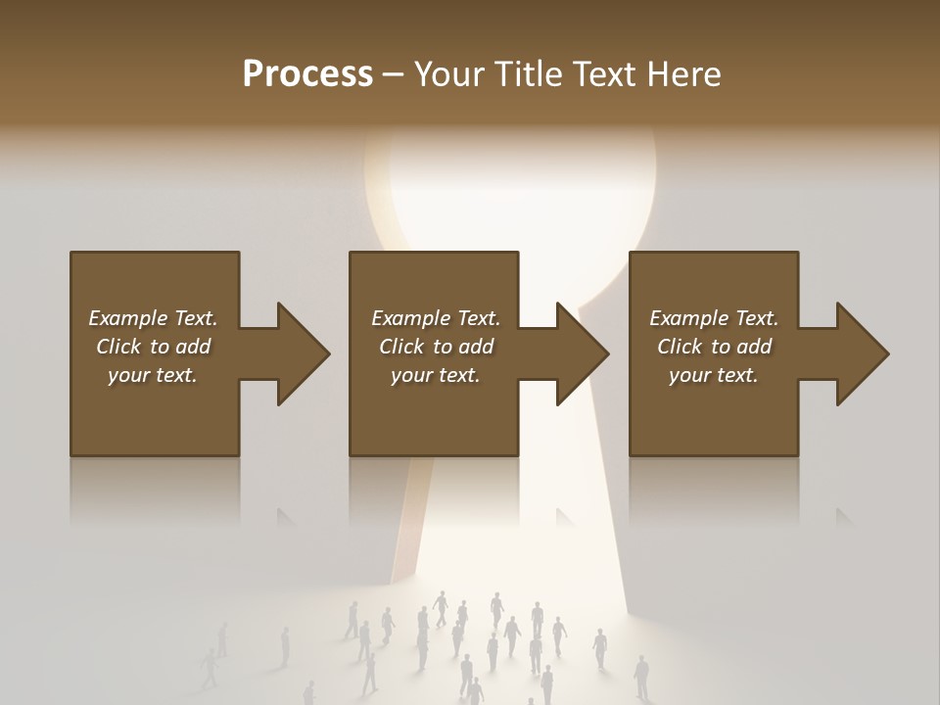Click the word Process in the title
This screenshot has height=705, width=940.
[x=307, y=74]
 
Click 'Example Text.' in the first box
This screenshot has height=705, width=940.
[x=153, y=318]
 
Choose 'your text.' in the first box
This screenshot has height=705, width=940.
[x=153, y=375]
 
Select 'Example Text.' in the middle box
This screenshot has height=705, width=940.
[x=436, y=318]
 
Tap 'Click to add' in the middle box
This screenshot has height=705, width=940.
[x=436, y=347]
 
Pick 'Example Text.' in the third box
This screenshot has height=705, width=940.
[x=714, y=318]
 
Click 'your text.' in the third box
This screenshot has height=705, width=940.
[x=714, y=375]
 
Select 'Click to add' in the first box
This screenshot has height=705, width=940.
[x=153, y=347]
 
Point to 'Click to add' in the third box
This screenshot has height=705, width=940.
[x=714, y=347]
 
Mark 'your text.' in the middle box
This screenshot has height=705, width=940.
[x=436, y=375]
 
